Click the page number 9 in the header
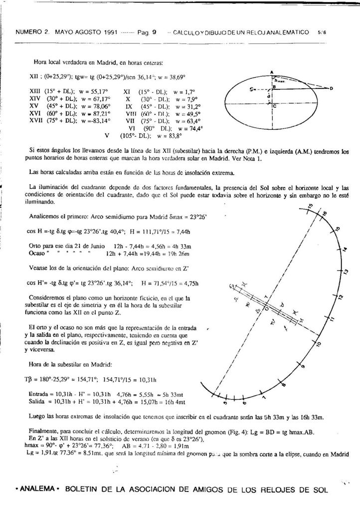[155, 31]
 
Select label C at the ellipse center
[276, 106]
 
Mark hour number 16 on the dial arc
[325, 214]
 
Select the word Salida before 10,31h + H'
[38, 401]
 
